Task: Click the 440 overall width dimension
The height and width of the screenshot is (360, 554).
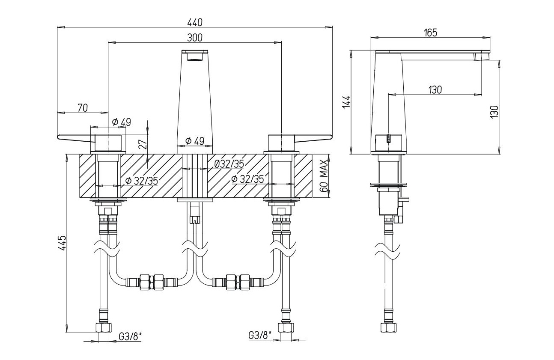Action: [195, 22]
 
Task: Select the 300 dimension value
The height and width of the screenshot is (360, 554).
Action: [195, 37]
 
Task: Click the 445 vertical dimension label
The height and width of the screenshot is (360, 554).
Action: [63, 243]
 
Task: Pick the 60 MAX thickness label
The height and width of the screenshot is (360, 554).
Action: [324, 176]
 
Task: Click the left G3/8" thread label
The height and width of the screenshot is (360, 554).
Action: [130, 336]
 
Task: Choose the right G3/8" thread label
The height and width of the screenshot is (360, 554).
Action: [260, 336]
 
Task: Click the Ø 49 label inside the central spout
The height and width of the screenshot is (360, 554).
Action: [194, 141]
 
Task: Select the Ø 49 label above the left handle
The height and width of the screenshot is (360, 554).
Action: [121, 122]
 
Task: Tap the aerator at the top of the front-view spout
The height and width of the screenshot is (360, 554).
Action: [195, 56]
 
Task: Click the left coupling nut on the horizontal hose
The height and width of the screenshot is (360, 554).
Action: [148, 281]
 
